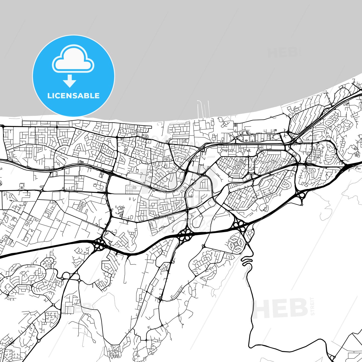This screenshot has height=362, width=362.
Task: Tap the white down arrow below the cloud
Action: (70, 81)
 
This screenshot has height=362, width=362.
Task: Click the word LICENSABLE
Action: (73, 96)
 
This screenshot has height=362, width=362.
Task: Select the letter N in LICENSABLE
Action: (70, 96)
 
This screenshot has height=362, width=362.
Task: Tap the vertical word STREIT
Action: (312, 306)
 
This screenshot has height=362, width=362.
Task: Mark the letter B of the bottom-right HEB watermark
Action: (298, 308)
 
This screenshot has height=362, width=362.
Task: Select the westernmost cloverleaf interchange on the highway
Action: (100, 244)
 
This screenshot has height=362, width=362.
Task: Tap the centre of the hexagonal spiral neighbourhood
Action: (236, 243)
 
